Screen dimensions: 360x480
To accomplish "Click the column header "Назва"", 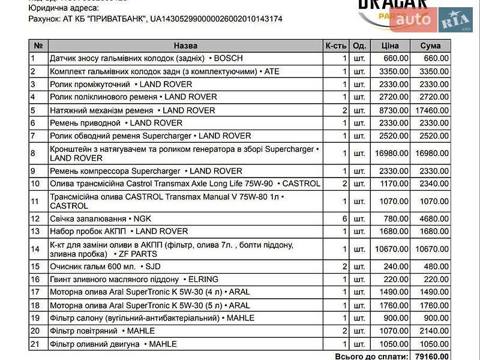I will [x=185, y=46].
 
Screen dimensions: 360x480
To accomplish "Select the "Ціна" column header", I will [x=390, y=46].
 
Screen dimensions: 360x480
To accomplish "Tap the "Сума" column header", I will [x=430, y=46].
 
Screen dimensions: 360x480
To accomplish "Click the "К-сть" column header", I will [x=336, y=46].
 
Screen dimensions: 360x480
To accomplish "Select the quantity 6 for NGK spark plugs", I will [x=344, y=218].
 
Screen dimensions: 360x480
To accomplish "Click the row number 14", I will [x=35, y=249].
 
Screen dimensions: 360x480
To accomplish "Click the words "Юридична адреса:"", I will [x=64, y=8].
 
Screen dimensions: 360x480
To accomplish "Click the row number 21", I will [x=35, y=344].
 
